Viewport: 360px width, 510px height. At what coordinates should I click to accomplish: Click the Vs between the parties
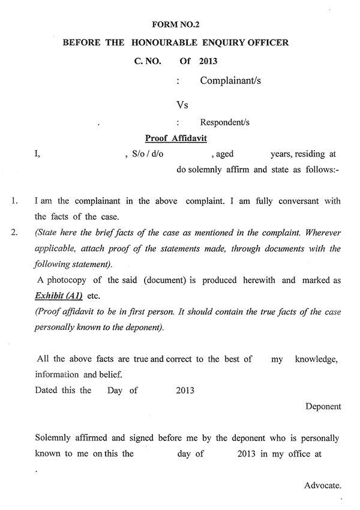(182, 105)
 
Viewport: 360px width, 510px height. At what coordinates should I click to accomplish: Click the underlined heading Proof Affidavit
(176, 138)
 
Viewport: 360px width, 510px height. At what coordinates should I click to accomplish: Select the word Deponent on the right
(323, 406)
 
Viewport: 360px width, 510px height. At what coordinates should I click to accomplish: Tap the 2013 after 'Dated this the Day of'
(185, 391)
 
